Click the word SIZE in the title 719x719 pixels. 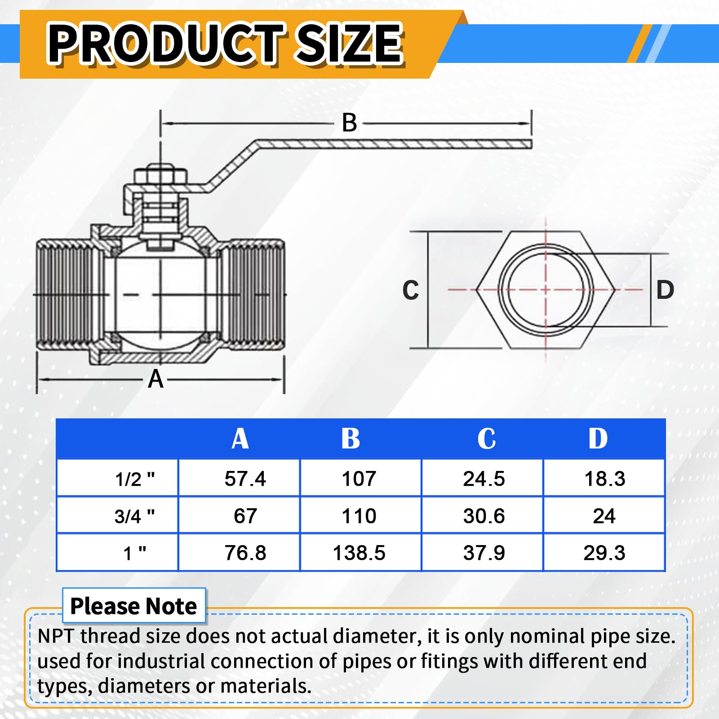(x=350, y=44)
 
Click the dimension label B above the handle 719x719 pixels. (x=349, y=123)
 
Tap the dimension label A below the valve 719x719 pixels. (x=155, y=379)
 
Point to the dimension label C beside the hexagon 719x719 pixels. (x=410, y=290)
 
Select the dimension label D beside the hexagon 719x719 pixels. (x=665, y=290)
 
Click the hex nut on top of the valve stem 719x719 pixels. (x=160, y=175)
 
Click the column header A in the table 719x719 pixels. (x=240, y=439)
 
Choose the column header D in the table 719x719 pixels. (x=598, y=439)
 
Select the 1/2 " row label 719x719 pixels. (x=134, y=479)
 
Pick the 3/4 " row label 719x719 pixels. (x=134, y=516)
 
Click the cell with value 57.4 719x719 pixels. (x=245, y=479)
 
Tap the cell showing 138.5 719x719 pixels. (x=359, y=553)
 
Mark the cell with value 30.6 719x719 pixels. (x=484, y=516)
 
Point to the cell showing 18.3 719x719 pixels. (x=604, y=479)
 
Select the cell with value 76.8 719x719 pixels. (x=245, y=553)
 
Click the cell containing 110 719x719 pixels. (x=359, y=516)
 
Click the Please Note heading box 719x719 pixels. (x=134, y=606)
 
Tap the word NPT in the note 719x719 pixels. (x=57, y=636)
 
